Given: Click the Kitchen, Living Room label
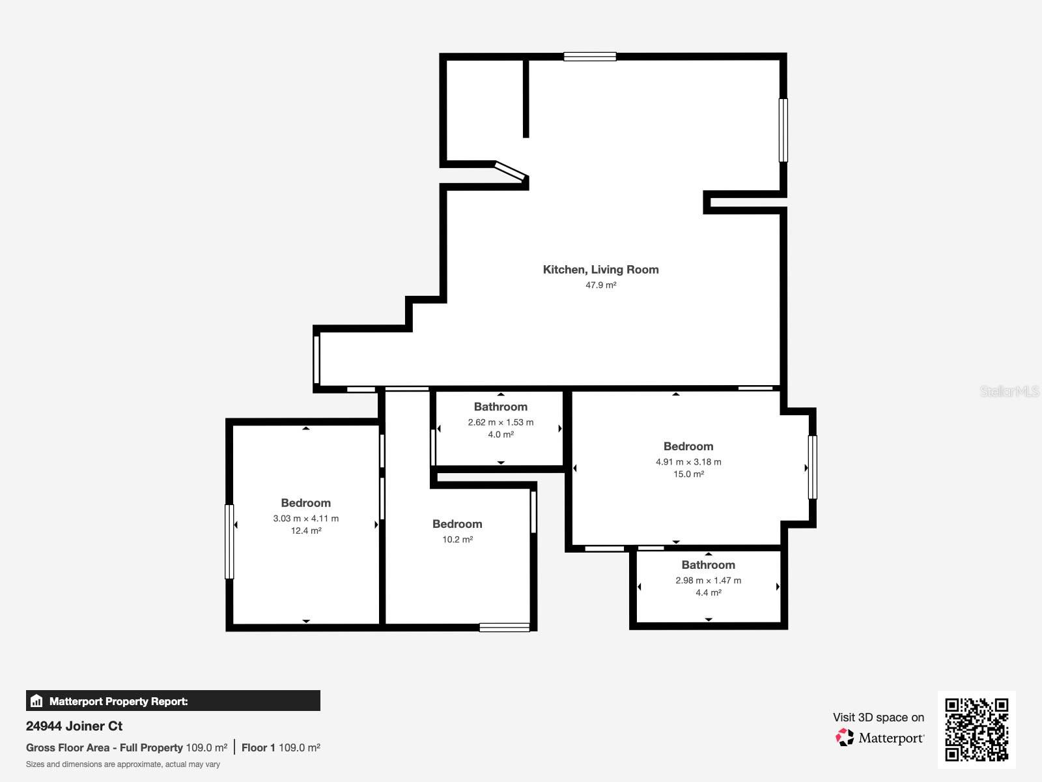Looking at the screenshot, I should pos(600,269).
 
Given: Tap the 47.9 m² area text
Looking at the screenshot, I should pos(600,285).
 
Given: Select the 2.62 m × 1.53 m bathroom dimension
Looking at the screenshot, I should pos(500,422).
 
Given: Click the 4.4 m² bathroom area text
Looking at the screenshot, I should pos(708,592).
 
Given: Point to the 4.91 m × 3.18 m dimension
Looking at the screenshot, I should pos(688,461).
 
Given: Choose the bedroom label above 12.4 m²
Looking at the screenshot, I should pos(305,502).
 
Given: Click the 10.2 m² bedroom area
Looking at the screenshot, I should pos(457,539).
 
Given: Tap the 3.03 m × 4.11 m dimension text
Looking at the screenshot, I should pos(305,518).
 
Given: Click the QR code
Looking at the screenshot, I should pos(976,729).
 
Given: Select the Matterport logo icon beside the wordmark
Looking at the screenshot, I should pos(845,737).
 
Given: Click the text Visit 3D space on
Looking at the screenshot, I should pos(878,717).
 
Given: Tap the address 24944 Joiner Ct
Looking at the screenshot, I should pos(74,725).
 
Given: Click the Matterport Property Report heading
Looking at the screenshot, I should pos(118,701).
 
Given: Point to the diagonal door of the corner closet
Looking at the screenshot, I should pos(511,171).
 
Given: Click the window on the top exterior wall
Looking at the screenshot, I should pos(589,57).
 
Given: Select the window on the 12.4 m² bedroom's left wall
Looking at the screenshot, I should pos(229,541).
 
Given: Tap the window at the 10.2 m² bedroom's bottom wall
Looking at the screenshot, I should pos(504,627).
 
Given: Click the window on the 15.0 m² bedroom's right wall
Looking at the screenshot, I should pos(811,467).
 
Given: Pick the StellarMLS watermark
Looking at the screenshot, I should pos(1009,391).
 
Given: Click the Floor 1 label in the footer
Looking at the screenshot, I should pos(259,747).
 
